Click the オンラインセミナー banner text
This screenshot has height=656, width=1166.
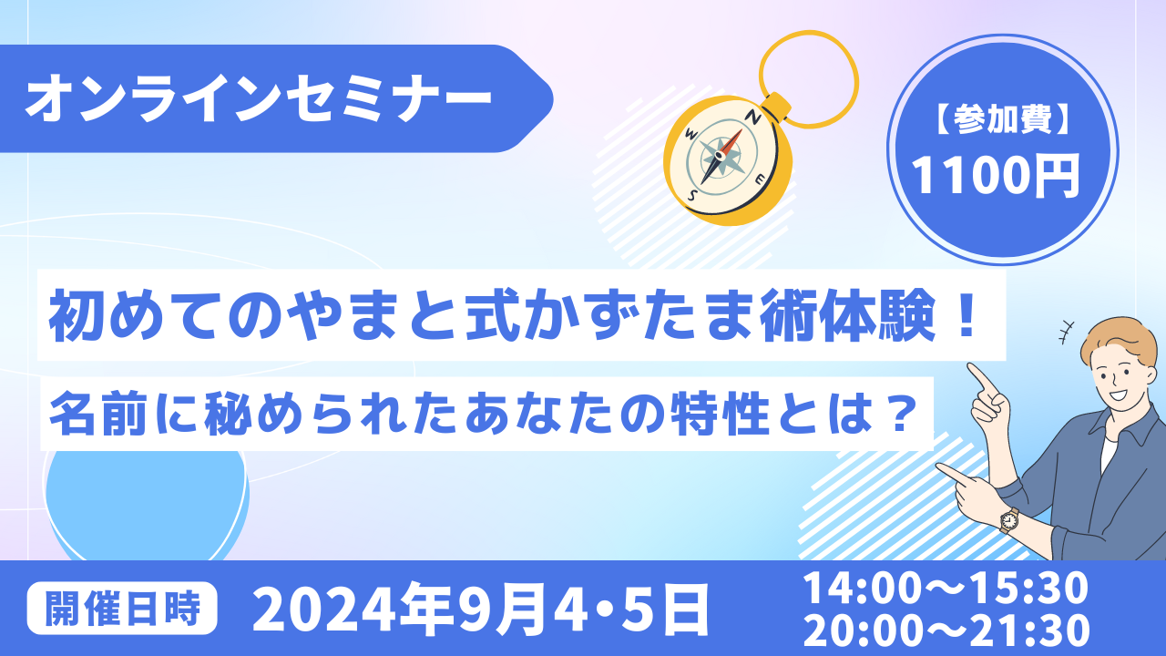coord(258,97)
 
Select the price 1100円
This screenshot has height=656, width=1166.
coord(996,176)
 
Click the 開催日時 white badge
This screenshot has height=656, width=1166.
coord(122,608)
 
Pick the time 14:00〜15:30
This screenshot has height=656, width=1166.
coord(946,588)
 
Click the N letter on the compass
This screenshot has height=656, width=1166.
coord(755,118)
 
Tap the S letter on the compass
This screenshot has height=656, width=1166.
coord(693,195)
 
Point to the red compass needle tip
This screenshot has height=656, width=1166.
coord(742,130)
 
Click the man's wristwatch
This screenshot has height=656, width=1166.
coord(1008,519)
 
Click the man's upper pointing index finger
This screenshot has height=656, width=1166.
coord(981,377)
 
